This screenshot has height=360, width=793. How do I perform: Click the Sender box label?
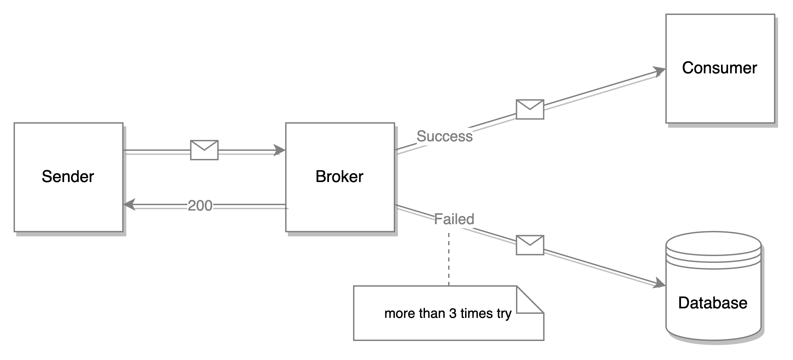pyautogui.click(x=68, y=177)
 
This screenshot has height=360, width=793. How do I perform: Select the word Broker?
pyautogui.click(x=339, y=177)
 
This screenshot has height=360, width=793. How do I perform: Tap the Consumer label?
pyautogui.click(x=719, y=68)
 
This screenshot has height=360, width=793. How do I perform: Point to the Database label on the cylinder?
pyautogui.click(x=713, y=303)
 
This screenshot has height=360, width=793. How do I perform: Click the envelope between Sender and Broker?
pyautogui.click(x=205, y=149)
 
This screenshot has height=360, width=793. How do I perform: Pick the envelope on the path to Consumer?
pyautogui.click(x=530, y=109)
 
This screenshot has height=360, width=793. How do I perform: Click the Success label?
pyautogui.click(x=444, y=137)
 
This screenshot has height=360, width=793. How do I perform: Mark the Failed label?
pyautogui.click(x=454, y=219)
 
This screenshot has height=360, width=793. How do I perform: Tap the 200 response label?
pyautogui.click(x=201, y=205)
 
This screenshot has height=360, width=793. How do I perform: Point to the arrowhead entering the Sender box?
pyautogui.click(x=129, y=204)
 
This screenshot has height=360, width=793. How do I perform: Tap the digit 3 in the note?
pyautogui.click(x=453, y=313)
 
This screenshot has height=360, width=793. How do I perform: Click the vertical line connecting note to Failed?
pyautogui.click(x=450, y=258)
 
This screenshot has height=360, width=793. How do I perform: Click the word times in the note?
pyautogui.click(x=476, y=313)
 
